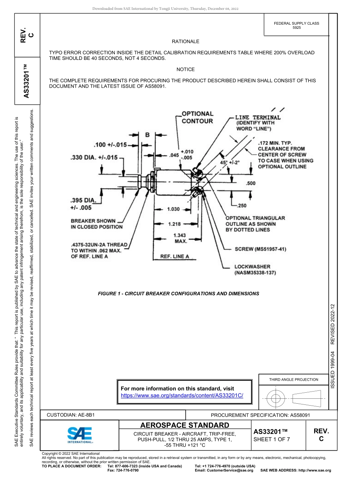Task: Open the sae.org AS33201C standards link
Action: [182, 395]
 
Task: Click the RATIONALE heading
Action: [185, 41]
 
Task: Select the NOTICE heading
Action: [185, 69]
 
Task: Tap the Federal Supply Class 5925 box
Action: [296, 25]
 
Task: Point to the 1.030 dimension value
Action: [173, 209]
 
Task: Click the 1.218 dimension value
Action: [174, 224]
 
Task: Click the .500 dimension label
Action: [250, 183]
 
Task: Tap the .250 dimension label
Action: [241, 205]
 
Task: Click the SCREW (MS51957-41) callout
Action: [260, 249]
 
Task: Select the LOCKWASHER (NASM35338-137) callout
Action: [255, 269]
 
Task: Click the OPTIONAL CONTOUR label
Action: [197, 118]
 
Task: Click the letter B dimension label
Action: [147, 135]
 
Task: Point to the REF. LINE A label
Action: [174, 256]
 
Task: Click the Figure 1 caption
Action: [178, 293]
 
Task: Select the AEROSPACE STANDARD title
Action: [185, 425]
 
